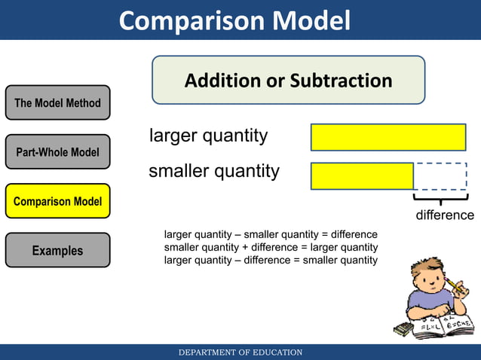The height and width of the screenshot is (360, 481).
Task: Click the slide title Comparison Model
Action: click(234, 20)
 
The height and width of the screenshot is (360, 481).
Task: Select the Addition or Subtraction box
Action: click(288, 80)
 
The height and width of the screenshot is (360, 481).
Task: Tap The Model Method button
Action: click(57, 102)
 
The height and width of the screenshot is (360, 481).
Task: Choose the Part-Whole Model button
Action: click(57, 152)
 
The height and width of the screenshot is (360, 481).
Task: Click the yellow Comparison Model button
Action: click(57, 201)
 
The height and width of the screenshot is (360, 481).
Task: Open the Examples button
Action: click(57, 250)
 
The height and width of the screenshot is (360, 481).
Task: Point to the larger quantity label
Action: click(208, 136)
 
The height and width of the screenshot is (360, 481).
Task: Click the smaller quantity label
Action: click(213, 171)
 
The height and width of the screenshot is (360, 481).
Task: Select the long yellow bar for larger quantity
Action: click(388, 137)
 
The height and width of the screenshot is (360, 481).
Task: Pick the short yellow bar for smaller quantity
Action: click(362, 176)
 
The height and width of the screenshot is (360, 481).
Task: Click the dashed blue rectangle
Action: click(441, 176)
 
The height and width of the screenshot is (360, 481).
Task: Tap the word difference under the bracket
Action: click(446, 216)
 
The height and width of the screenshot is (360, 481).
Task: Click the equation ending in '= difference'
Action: click(271, 234)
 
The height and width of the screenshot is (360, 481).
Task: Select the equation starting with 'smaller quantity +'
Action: click(271, 247)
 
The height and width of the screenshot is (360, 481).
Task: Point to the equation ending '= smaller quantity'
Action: click(271, 260)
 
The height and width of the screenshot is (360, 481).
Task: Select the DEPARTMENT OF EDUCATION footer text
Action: click(240, 352)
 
